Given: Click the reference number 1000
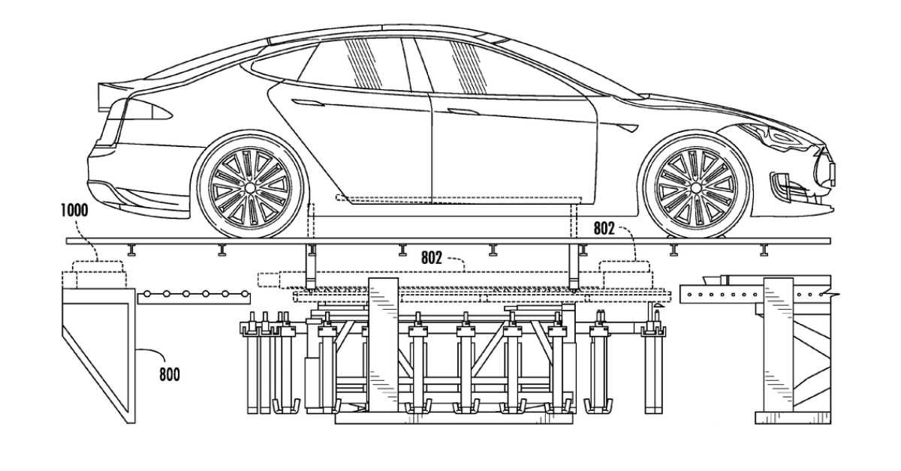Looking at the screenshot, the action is (74, 211).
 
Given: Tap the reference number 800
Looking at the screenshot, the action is (170, 375).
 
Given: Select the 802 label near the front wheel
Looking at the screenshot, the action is (604, 229).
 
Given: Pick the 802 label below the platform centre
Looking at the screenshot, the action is (432, 258).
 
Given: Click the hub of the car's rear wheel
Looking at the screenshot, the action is (250, 187).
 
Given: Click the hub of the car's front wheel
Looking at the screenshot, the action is (696, 187).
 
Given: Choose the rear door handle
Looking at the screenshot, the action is (309, 103).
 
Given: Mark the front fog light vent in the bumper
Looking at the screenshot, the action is (785, 184).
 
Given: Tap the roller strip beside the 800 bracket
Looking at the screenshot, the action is (194, 298).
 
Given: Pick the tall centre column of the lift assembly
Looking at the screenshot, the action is (384, 346).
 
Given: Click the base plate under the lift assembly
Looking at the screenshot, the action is (454, 418).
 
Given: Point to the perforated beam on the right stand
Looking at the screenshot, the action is (722, 295).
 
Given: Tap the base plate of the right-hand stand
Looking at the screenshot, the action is (792, 418).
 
